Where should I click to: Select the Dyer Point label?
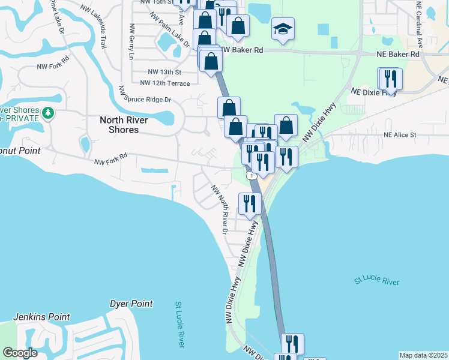(131, 304)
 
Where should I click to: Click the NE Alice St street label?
(400, 135)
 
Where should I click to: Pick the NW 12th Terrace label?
(164, 83)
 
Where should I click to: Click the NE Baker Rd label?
(399, 54)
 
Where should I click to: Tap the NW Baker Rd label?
(242, 51)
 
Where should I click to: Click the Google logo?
(20, 353)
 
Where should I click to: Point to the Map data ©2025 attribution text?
(423, 355)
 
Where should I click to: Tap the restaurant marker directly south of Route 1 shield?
(249, 203)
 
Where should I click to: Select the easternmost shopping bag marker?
(286, 125)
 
